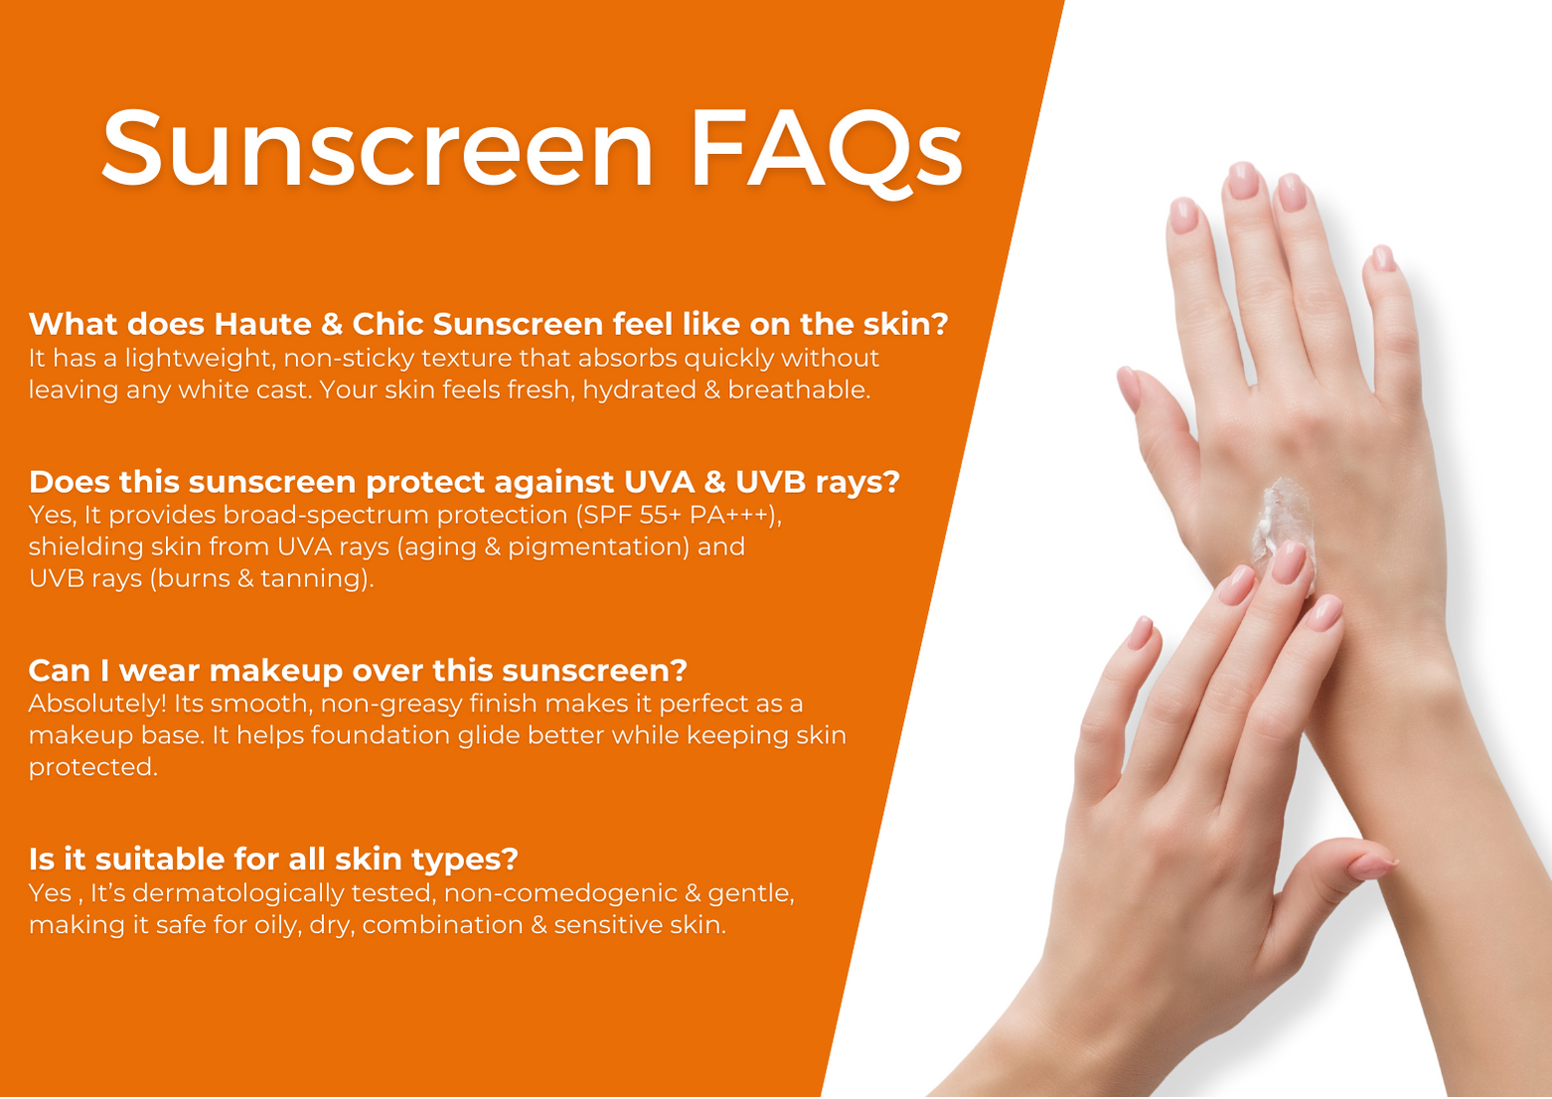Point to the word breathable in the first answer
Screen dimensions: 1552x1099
coord(799,390)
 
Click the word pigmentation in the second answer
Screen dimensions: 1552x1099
coord(598,548)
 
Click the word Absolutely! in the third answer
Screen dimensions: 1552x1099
coord(97,705)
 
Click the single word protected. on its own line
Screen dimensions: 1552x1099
coord(92,768)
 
